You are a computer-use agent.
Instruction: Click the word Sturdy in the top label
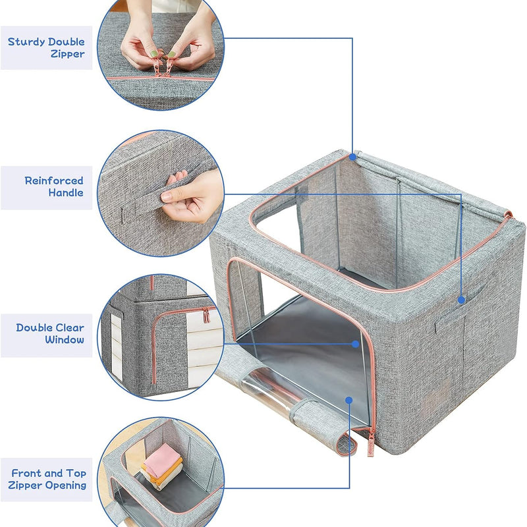[x=26, y=42]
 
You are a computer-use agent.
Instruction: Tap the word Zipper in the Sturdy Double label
[x=68, y=54]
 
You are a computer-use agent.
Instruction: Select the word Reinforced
[x=54, y=180]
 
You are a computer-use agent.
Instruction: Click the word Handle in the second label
[x=66, y=192]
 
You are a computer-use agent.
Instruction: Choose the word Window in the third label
[x=65, y=339]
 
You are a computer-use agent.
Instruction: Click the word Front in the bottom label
[x=26, y=473]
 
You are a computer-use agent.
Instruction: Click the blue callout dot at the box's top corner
[x=352, y=157]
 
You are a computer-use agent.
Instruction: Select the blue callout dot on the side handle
[x=462, y=300]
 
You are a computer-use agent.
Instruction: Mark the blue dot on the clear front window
[x=355, y=344]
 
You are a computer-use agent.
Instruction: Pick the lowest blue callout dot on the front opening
[x=349, y=401]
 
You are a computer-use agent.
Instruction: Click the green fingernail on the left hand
[x=153, y=53]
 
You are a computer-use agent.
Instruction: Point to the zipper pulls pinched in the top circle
[x=162, y=67]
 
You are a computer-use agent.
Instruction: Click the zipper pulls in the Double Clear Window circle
[x=205, y=316]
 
